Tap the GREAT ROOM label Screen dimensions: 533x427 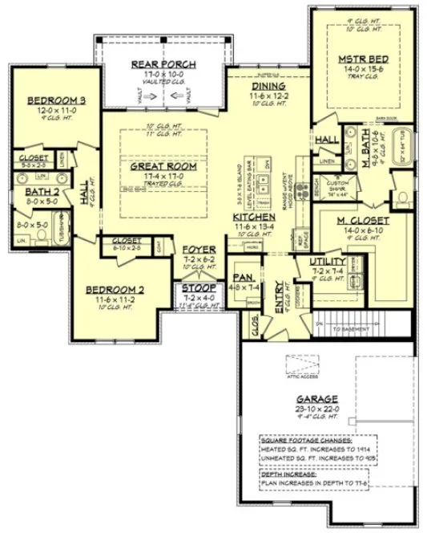[163, 165]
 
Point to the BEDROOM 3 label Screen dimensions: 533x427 [56, 100]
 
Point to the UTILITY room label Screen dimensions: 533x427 [328, 262]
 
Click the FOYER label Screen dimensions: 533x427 [198, 250]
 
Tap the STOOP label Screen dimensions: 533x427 [196, 287]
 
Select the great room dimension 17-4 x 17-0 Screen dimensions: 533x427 [163, 176]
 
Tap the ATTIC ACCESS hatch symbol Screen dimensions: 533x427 [305, 365]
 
